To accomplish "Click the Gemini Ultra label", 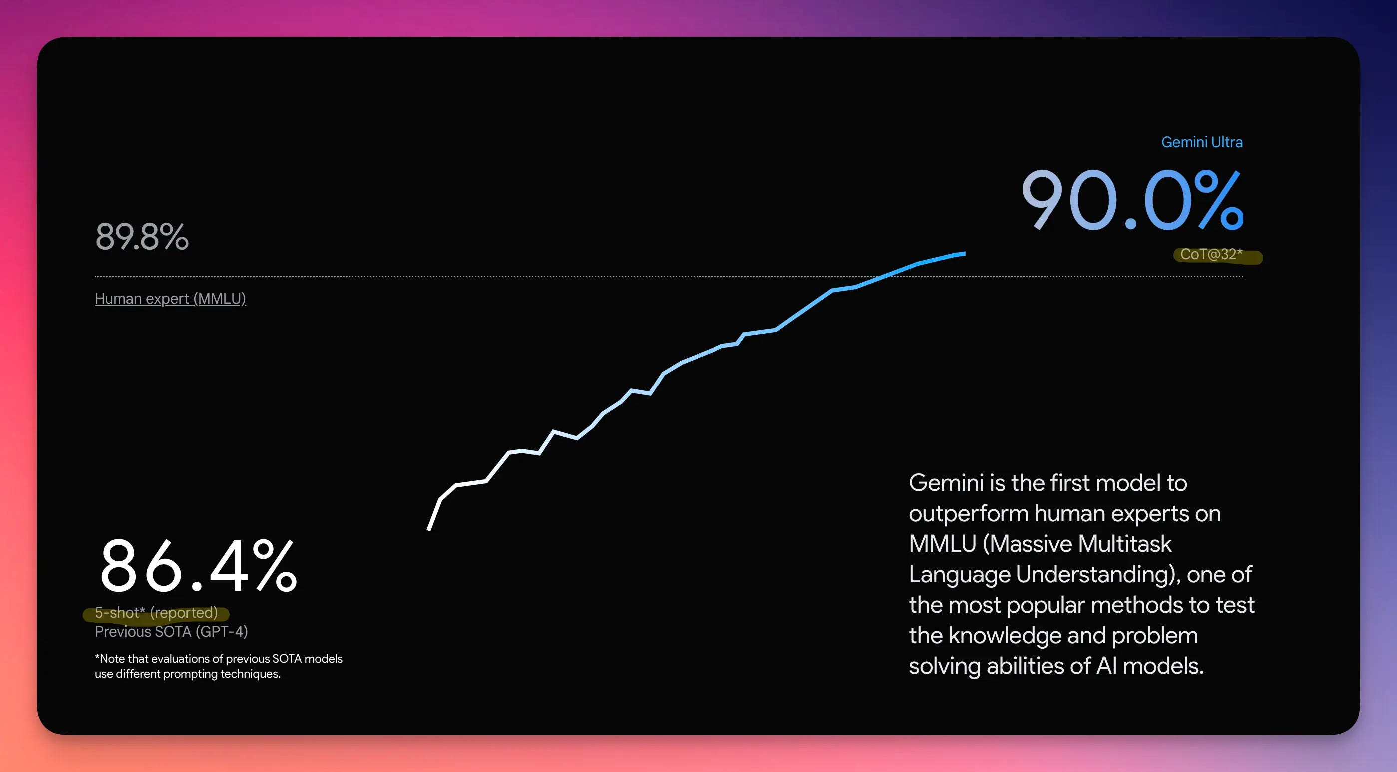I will [x=1201, y=142].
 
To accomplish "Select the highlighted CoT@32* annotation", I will [x=1211, y=255].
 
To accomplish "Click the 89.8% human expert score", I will [x=142, y=237].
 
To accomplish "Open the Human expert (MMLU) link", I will [x=170, y=299].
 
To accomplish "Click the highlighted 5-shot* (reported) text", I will [x=156, y=613].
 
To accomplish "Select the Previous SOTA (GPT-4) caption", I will [x=171, y=632].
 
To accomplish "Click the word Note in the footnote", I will [x=112, y=659].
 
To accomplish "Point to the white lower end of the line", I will [x=429, y=528].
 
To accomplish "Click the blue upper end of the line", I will [x=963, y=253].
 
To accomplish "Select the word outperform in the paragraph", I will [x=969, y=514].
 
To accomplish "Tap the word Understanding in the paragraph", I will [x=1095, y=575].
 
